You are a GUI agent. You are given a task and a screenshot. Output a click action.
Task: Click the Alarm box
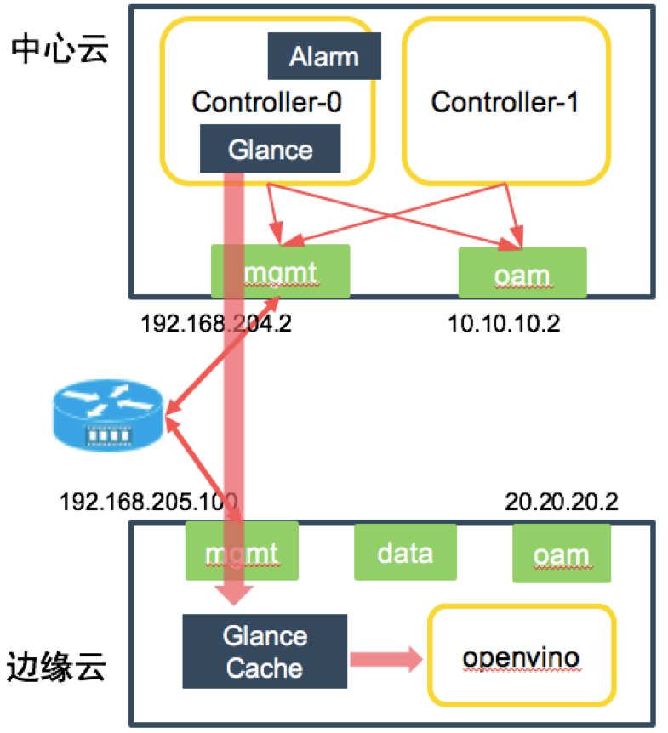(x=324, y=57)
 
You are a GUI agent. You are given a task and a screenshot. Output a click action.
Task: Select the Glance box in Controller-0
(x=270, y=149)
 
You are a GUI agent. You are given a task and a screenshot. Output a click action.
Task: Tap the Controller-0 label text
(x=267, y=102)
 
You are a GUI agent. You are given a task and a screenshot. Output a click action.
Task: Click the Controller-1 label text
(x=505, y=102)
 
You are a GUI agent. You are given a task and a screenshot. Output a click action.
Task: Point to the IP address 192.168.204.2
(x=216, y=325)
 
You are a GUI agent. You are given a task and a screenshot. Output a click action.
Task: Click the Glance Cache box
(x=265, y=651)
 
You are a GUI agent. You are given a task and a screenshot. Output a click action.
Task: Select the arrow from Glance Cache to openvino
(x=385, y=657)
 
